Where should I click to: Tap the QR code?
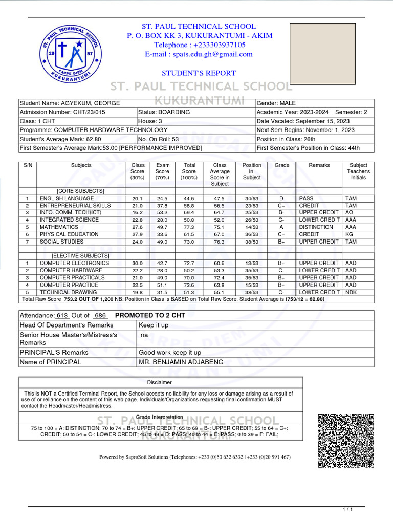coord(345,440)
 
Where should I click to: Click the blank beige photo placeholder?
coord(322,53)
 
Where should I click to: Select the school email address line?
coord(199,54)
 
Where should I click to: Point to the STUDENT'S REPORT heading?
coord(199,73)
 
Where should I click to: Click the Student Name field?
coord(70,103)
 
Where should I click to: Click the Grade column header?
coord(282,165)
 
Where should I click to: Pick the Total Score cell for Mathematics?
coord(189,227)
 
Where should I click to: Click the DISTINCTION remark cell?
coord(316,227)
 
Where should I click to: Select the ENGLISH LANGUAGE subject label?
coord(67,198)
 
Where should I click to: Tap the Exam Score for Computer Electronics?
coord(163,263)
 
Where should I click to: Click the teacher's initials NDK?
coord(351,292)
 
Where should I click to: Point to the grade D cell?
coord(281,198)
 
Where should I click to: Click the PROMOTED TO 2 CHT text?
coord(150,315)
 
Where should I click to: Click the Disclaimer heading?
coord(160,382)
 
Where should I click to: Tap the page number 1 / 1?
coord(347,509)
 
